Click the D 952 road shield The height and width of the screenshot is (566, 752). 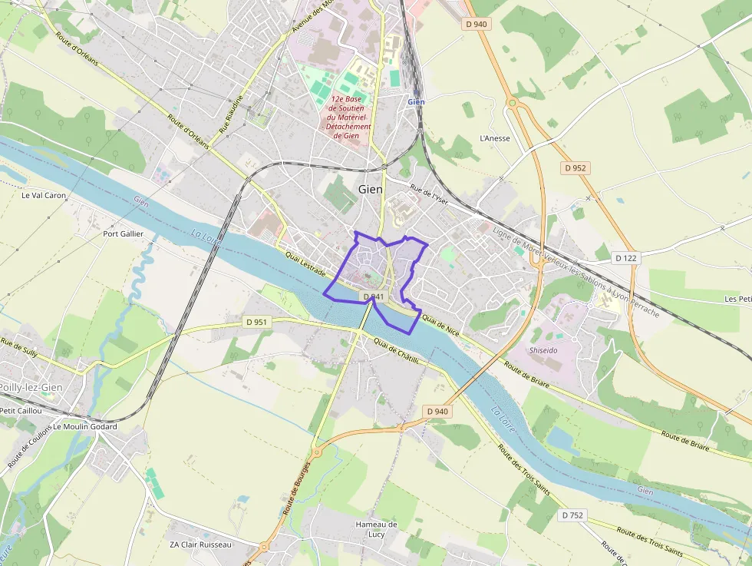click(x=575, y=167)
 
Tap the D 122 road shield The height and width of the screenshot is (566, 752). click(x=626, y=258)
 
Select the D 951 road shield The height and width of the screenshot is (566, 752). click(x=257, y=322)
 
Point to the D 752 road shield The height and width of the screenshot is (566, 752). click(x=572, y=515)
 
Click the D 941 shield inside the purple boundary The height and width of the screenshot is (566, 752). click(x=372, y=296)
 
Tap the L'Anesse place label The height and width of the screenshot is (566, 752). click(x=494, y=138)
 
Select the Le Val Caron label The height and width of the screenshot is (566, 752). click(x=44, y=195)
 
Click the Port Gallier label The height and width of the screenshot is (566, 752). click(x=123, y=233)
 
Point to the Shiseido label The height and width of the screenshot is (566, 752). click(x=543, y=349)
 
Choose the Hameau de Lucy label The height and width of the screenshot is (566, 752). click(x=376, y=529)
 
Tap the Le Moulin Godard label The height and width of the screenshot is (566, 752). click(x=85, y=426)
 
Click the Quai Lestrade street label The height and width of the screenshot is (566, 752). click(x=305, y=263)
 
